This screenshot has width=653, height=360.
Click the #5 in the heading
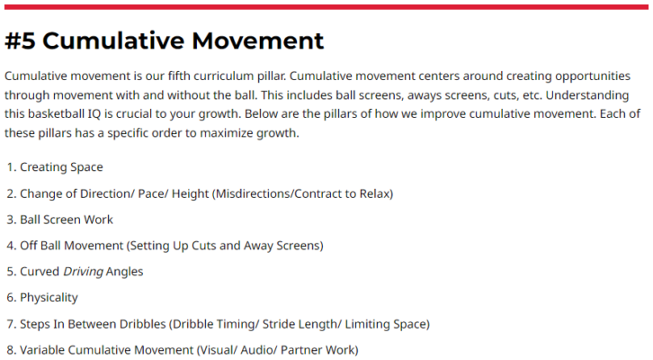click(20, 40)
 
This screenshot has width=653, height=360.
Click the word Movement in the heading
click(257, 40)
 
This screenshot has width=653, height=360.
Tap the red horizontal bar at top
click(326, 6)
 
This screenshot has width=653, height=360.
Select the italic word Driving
click(83, 272)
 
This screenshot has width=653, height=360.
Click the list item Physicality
click(49, 298)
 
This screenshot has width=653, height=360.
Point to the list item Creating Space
click(61, 167)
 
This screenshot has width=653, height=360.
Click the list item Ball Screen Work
click(67, 220)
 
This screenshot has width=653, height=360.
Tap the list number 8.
click(12, 350)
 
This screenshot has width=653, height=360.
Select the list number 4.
click(12, 246)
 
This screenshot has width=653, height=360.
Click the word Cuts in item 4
click(203, 246)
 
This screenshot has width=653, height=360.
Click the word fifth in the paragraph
click(180, 76)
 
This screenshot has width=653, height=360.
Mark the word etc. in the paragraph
click(531, 95)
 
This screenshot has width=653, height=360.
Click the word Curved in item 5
click(40, 272)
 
